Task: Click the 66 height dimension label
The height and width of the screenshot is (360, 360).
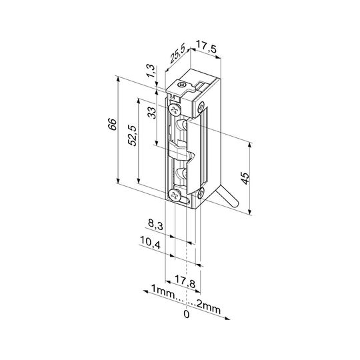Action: click(112, 124)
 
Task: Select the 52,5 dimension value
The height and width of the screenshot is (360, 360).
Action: click(133, 135)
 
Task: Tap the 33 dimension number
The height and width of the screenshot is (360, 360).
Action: click(151, 113)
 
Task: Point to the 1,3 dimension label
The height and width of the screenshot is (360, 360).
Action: click(151, 71)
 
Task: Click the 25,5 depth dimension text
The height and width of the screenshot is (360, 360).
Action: click(177, 55)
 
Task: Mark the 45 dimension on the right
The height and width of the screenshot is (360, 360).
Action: click(245, 178)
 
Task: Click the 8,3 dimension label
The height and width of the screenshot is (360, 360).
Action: click(155, 224)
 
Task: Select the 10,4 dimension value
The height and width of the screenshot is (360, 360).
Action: click(150, 243)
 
